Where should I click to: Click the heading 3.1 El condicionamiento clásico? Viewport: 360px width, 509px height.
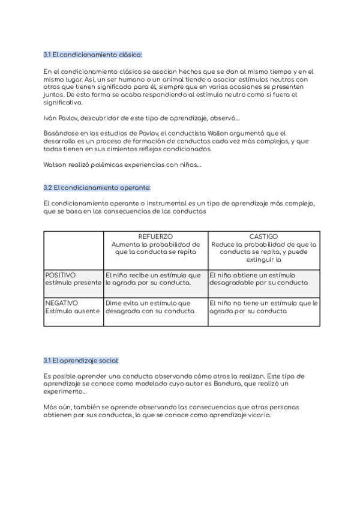92,55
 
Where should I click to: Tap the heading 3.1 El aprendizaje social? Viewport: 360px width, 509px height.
81,360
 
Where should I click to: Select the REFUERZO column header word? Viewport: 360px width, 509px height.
155,237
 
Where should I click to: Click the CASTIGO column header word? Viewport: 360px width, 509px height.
263,237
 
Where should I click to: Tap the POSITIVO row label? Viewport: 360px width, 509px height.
61,275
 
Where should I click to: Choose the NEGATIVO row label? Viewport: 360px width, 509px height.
62,303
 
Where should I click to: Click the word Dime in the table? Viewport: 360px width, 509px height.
114,303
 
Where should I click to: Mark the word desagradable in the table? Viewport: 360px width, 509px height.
231,282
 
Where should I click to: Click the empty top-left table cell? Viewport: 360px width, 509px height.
73,250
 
